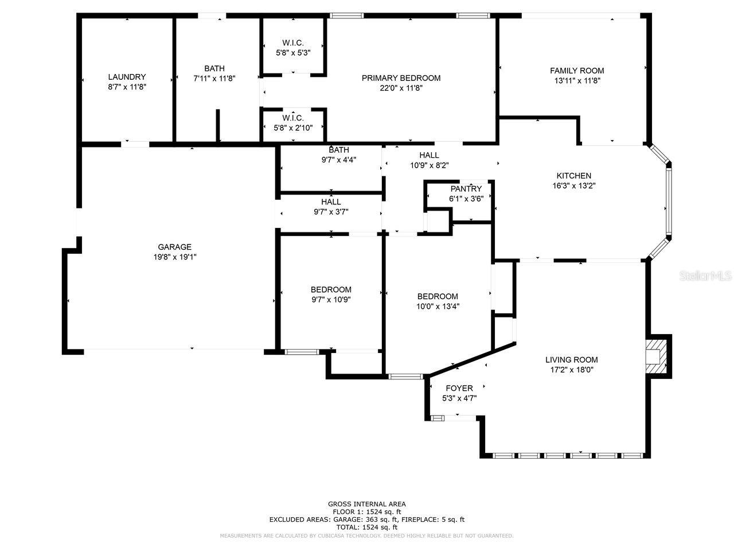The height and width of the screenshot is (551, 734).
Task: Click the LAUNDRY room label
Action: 127,77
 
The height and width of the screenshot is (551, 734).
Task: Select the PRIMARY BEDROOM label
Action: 401,78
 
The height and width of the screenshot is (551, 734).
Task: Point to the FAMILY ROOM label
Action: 577,71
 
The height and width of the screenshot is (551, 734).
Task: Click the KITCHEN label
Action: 573,176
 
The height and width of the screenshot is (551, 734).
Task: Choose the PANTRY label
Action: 466,189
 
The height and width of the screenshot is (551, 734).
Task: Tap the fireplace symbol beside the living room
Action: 657,355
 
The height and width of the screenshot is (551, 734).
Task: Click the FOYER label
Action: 459,388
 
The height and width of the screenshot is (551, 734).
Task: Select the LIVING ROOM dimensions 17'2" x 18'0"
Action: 571,370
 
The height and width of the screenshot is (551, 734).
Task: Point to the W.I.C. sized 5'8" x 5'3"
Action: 293,48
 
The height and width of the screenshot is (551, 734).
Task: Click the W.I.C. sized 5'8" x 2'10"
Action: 293,123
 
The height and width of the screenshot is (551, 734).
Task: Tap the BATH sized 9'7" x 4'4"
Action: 338,155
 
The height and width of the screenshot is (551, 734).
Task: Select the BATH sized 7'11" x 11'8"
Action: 214,73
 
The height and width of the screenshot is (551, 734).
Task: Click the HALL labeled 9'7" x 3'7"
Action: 331,207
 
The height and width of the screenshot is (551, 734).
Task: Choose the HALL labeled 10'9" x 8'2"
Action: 429,160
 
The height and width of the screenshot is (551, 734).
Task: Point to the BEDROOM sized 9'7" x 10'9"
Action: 331,294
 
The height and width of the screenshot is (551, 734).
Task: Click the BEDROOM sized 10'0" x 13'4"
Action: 438,301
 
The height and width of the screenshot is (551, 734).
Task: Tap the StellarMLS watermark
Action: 705,276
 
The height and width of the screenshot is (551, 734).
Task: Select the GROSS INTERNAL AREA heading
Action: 367,504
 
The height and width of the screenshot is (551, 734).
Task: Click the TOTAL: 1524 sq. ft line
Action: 367,527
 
